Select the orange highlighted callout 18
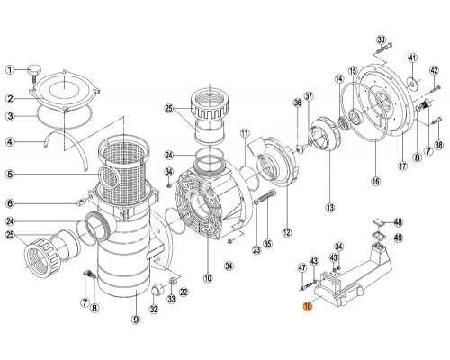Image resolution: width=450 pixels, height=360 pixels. pos(308,306)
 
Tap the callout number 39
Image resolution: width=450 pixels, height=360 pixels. pos(381,40)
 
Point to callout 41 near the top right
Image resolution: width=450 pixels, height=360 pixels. pos(412,60)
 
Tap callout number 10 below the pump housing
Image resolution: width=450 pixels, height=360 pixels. pos(208,278)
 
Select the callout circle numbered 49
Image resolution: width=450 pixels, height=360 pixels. pos(400,238)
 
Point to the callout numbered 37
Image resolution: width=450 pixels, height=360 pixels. pos(308,97)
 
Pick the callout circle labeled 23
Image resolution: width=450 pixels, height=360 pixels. pos(255,249)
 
